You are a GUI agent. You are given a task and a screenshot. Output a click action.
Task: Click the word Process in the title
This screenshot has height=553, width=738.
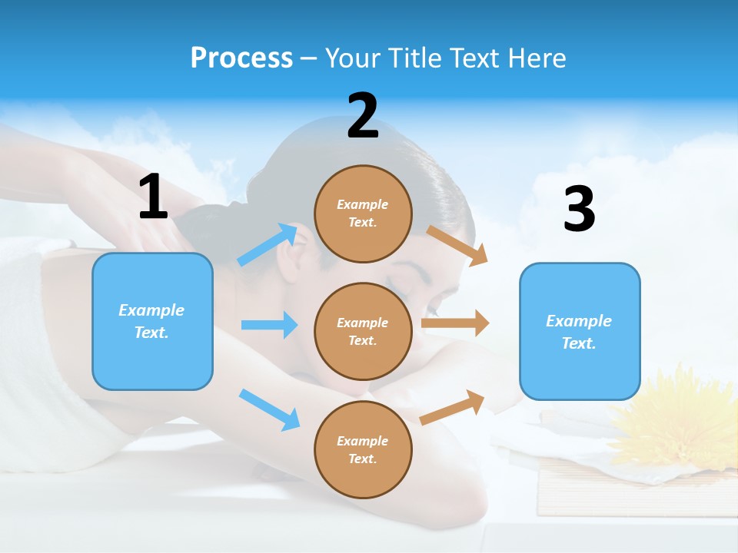point(241,58)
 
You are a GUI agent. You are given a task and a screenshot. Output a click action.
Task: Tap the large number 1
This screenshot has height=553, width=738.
point(153,197)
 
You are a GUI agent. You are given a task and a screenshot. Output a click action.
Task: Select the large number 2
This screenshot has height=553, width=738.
point(363,116)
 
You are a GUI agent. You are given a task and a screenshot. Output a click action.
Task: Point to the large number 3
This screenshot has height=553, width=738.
point(579,210)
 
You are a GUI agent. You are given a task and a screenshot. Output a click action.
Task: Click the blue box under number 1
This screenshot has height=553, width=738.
point(152,321)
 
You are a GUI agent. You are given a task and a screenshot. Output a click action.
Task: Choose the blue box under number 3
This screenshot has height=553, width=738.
point(580,332)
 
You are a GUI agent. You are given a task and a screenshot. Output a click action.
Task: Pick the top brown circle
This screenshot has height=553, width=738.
point(363,213)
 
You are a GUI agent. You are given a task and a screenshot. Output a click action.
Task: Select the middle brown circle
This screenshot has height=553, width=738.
point(363,331)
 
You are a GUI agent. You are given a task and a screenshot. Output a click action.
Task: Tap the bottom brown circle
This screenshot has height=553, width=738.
point(363,449)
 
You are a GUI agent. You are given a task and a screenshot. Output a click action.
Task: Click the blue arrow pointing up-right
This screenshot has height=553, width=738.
point(268,245)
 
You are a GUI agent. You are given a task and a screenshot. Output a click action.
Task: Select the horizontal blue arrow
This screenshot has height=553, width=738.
point(269,325)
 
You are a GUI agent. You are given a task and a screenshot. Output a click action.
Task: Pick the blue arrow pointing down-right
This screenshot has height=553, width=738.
point(269,409)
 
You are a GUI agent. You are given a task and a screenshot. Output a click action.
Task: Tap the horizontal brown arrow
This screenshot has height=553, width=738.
point(455,323)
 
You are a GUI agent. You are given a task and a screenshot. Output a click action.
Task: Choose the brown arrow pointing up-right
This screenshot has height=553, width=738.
point(453,407)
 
